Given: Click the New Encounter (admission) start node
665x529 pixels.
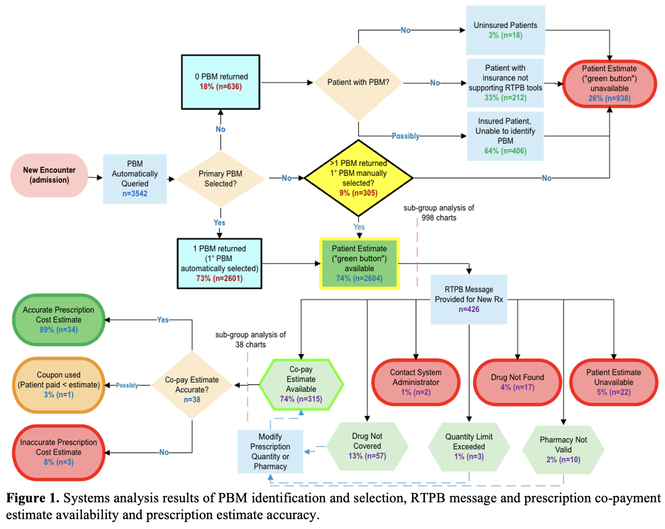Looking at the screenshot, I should pyautogui.click(x=49, y=175).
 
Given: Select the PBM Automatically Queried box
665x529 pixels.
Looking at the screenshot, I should pyautogui.click(x=134, y=178).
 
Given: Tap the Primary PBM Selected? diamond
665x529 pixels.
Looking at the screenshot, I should pyautogui.click(x=220, y=178).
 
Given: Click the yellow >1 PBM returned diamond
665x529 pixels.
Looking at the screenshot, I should pyautogui.click(x=358, y=178).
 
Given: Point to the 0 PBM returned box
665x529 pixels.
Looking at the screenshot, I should pyautogui.click(x=220, y=82).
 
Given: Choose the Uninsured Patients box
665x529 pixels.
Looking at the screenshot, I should pyautogui.click(x=505, y=30).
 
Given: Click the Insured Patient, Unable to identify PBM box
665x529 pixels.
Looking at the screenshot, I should pyautogui.click(x=505, y=136).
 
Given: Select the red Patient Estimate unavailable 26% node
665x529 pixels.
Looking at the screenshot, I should pyautogui.click(x=609, y=84).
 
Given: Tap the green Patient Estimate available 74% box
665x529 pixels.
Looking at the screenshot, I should pyautogui.click(x=359, y=264).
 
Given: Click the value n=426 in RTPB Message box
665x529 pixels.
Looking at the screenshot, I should pyautogui.click(x=469, y=309).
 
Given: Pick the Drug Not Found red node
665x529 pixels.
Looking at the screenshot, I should pyautogui.click(x=517, y=382).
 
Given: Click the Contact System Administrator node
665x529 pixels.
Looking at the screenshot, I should pyautogui.click(x=416, y=382).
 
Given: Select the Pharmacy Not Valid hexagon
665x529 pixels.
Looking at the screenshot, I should pyautogui.click(x=563, y=449).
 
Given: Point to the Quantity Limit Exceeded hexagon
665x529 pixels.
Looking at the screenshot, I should pyautogui.click(x=469, y=446).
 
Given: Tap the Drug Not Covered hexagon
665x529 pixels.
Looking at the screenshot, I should pyautogui.click(x=367, y=446).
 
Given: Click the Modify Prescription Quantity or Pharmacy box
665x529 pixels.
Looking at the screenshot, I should pyautogui.click(x=270, y=451).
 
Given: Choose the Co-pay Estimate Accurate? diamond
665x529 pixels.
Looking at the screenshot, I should pyautogui.click(x=192, y=385).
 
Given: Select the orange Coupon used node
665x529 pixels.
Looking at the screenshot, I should pyautogui.click(x=58, y=385).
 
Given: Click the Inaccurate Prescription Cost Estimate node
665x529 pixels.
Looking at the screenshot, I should pyautogui.click(x=58, y=452).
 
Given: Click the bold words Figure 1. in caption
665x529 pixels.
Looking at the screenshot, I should pyautogui.click(x=33, y=498).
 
